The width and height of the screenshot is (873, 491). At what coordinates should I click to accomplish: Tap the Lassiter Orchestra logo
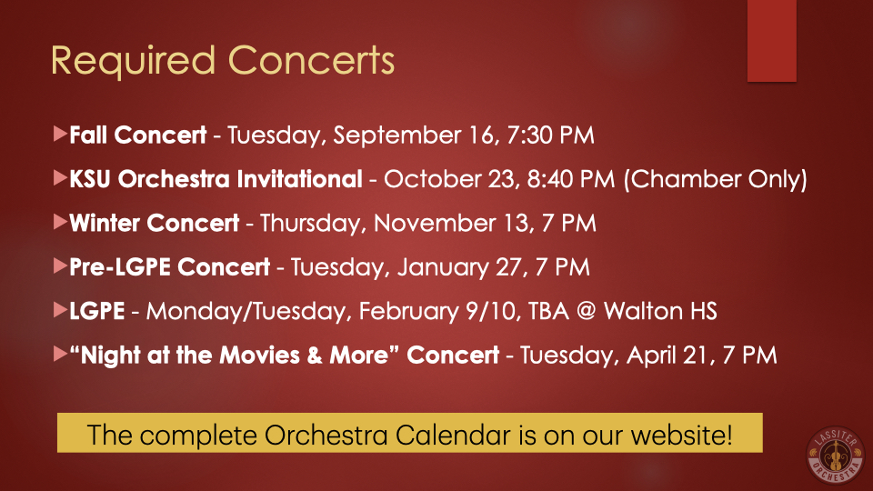tap(835, 455)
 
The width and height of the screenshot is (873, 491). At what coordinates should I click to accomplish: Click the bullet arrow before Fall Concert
tap(61, 134)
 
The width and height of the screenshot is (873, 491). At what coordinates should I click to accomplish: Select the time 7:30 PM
tap(551, 135)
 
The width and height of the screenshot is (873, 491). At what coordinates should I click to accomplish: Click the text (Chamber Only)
tap(716, 179)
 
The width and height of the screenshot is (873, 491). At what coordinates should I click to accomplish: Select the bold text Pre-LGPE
tap(120, 267)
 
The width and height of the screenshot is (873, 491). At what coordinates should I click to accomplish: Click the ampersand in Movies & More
tap(315, 356)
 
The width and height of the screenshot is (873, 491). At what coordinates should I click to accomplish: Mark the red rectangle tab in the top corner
tap(772, 41)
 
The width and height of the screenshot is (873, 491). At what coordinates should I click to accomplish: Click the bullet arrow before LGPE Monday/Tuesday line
tap(61, 309)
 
